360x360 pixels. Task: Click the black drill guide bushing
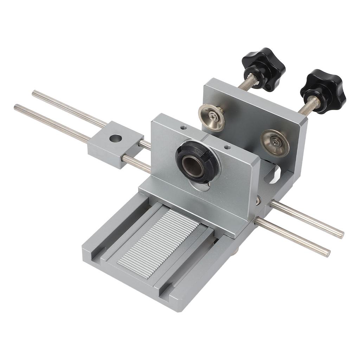tap(198, 162)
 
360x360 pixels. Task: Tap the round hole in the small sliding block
tap(115, 138)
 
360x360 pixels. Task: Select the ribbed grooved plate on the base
tap(159, 237)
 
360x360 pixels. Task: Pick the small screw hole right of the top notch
tap(227, 147)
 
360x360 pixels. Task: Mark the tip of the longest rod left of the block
tap(16, 107)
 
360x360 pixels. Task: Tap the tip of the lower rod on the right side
tap(328, 253)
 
